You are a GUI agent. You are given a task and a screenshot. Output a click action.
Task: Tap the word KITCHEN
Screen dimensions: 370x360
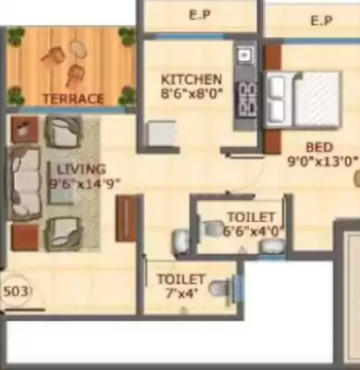[x=191, y=80]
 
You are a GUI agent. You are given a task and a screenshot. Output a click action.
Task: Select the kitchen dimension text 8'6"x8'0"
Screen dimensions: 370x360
[x=191, y=92]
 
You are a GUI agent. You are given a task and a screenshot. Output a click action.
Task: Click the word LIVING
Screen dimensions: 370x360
[x=81, y=169]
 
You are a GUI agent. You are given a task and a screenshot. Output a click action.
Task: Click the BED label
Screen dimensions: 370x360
[x=321, y=145]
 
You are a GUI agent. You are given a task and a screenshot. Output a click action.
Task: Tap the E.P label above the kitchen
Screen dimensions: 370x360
[x=198, y=16]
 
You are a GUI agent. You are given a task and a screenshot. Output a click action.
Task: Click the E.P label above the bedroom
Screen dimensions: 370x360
[x=321, y=18]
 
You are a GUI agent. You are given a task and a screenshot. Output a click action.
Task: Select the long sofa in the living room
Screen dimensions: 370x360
[x=25, y=182]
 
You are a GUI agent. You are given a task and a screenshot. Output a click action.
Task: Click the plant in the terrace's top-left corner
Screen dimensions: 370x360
[x=16, y=37]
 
